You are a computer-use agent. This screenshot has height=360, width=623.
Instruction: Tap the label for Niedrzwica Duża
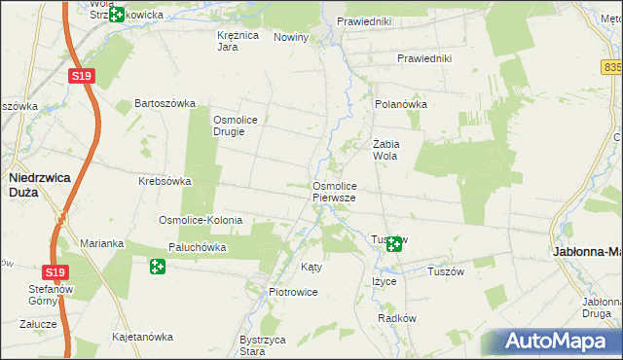[37, 185]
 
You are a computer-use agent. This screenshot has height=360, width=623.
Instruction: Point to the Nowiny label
[291, 37]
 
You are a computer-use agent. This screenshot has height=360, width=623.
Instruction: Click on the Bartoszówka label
[165, 103]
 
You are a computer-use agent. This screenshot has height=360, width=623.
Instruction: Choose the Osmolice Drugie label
[235, 126]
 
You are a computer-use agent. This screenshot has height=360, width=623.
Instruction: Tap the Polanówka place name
[401, 103]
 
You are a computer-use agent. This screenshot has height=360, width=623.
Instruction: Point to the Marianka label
[99, 243]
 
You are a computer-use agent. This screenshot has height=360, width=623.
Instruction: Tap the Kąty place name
[311, 266]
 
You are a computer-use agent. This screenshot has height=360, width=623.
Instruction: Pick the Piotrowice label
[293, 292]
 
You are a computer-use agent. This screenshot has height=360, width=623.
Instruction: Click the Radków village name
[396, 318]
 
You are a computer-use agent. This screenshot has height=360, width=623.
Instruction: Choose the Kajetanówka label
[143, 337]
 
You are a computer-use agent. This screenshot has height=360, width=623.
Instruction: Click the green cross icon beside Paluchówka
[158, 266]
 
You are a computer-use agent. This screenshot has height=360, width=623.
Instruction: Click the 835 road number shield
[613, 67]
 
